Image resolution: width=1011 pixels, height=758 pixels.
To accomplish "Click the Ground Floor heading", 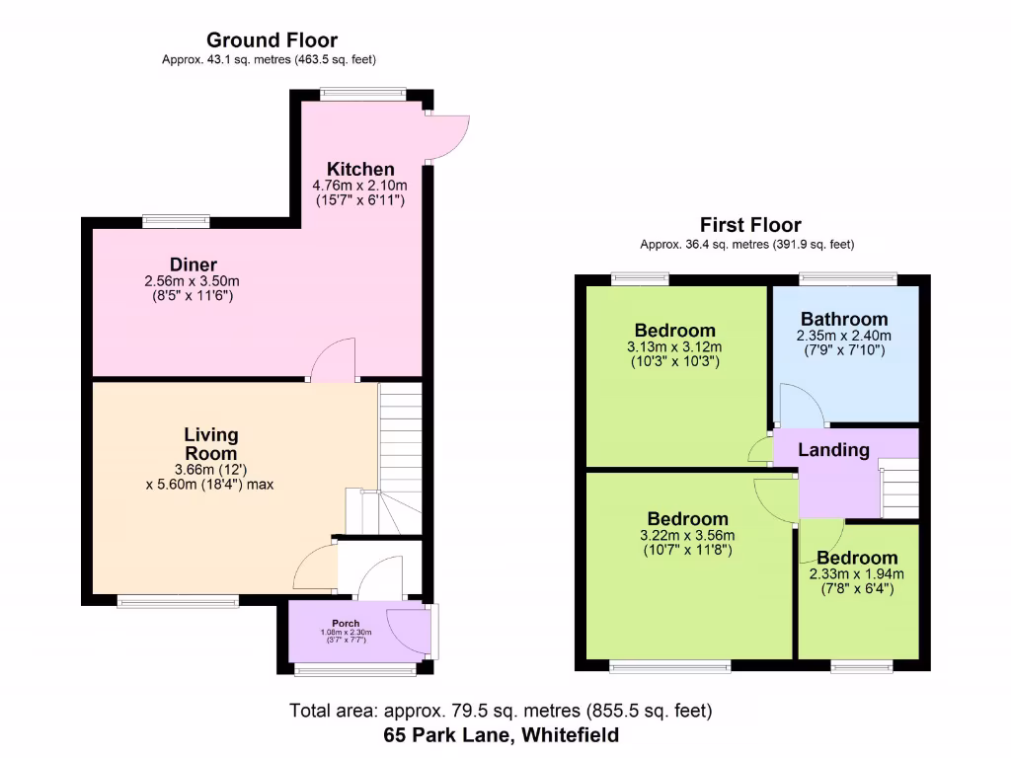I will pos(272,40).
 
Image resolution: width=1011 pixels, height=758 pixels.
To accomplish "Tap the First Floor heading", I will pos(750,225).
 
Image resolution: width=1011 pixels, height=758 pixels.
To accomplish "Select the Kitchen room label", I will pos(360,169).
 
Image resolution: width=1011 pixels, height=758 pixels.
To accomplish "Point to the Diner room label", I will pos(193,265).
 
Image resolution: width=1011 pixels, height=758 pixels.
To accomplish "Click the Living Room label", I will pos(210,444).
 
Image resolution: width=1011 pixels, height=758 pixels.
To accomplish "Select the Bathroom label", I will pos(844,319).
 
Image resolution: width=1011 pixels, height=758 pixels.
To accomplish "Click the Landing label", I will pos(833,450).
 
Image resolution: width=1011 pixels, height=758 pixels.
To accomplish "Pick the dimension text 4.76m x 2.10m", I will pos(360,185).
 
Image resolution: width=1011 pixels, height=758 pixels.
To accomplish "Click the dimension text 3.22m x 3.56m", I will pos(687,536).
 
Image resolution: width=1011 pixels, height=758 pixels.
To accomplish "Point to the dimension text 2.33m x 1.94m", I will pos(856,574).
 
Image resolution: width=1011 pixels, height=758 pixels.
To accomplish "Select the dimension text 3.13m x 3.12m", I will pos(674,346).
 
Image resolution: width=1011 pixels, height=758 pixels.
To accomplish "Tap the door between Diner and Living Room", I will pos(334,359).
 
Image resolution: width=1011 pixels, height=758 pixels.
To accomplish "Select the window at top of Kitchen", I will pos(361,95).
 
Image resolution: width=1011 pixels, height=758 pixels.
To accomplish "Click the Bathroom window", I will pos(848,279).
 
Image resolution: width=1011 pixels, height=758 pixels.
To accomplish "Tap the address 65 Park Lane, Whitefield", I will pos(502,734).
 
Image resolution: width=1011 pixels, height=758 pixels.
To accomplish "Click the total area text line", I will pos(501,710).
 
